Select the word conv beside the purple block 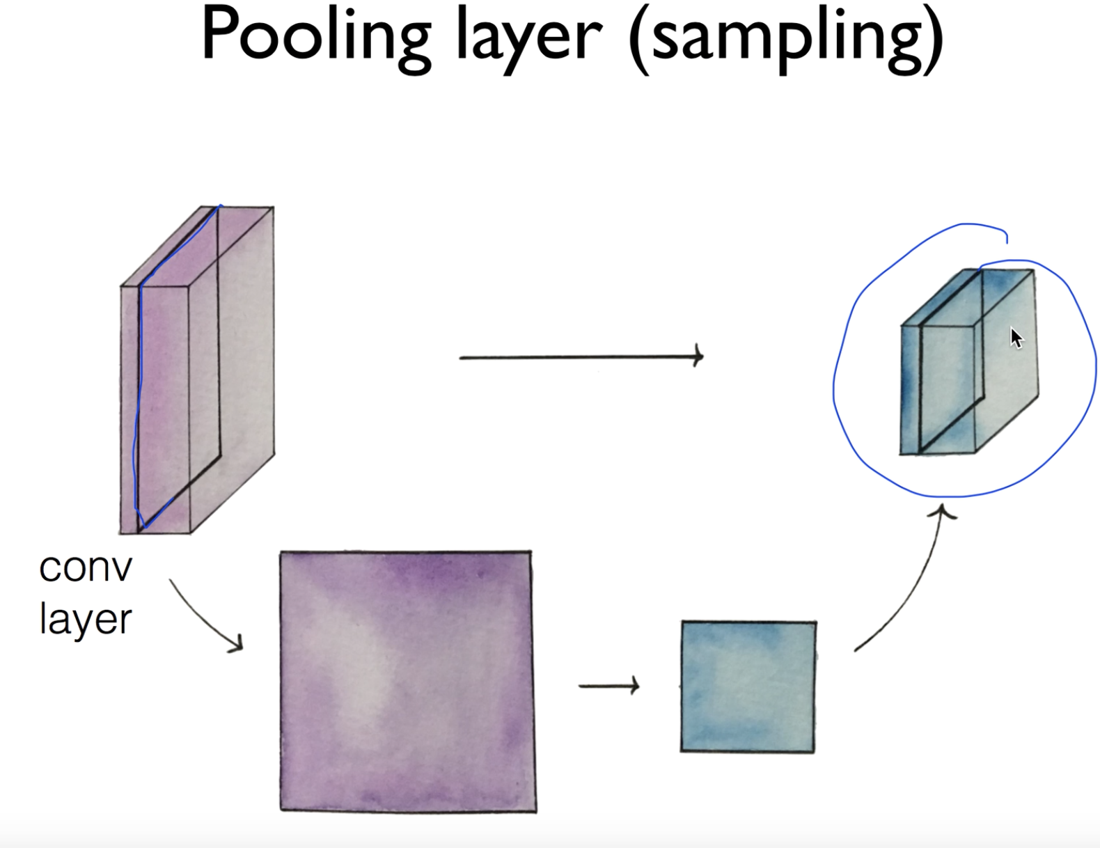tap(86, 568)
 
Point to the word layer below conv tap(86, 619)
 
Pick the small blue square tap(748, 686)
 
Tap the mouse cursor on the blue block tap(1016, 338)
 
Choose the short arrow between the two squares tap(607, 686)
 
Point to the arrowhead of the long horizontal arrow tap(698, 356)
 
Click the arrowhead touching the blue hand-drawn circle tap(943, 512)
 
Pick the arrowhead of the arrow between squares tap(634, 686)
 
